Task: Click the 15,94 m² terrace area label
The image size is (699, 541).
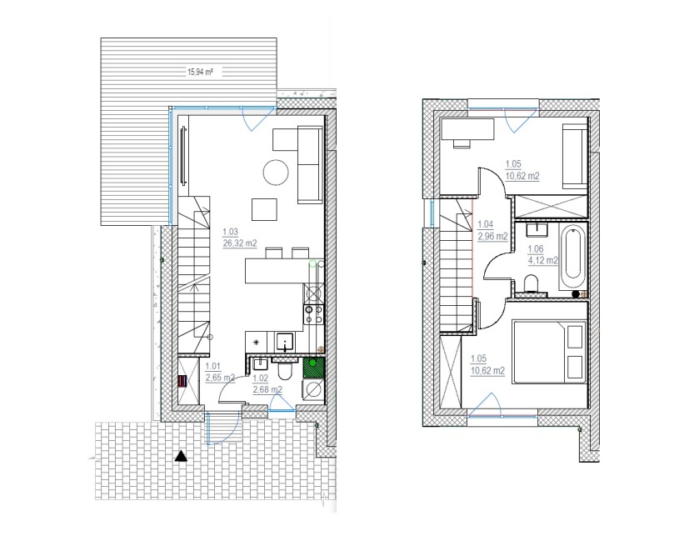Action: click(x=200, y=72)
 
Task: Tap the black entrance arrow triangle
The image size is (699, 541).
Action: click(x=181, y=456)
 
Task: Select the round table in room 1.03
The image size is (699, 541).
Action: click(x=276, y=173)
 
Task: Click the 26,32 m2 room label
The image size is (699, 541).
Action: click(x=239, y=243)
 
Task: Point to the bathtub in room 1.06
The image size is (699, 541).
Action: click(x=572, y=257)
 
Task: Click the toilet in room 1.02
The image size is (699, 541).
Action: click(x=283, y=369)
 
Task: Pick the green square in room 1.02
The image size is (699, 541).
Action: click(x=313, y=368)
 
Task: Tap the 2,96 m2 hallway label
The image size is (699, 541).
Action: click(x=492, y=237)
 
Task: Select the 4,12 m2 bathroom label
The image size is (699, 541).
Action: click(x=543, y=260)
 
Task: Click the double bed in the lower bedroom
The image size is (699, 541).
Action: click(x=549, y=351)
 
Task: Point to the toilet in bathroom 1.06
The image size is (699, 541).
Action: click(x=531, y=283)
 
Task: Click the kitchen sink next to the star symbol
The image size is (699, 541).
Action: click(x=284, y=342)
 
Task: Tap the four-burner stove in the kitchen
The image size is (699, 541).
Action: click(x=313, y=314)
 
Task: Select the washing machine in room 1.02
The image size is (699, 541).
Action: click(x=313, y=390)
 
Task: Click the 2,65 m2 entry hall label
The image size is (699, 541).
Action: click(x=220, y=378)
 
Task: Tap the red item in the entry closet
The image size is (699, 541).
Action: click(x=182, y=383)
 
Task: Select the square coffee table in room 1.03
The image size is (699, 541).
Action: click(x=264, y=209)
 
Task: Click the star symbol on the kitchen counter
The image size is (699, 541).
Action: click(x=256, y=343)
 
